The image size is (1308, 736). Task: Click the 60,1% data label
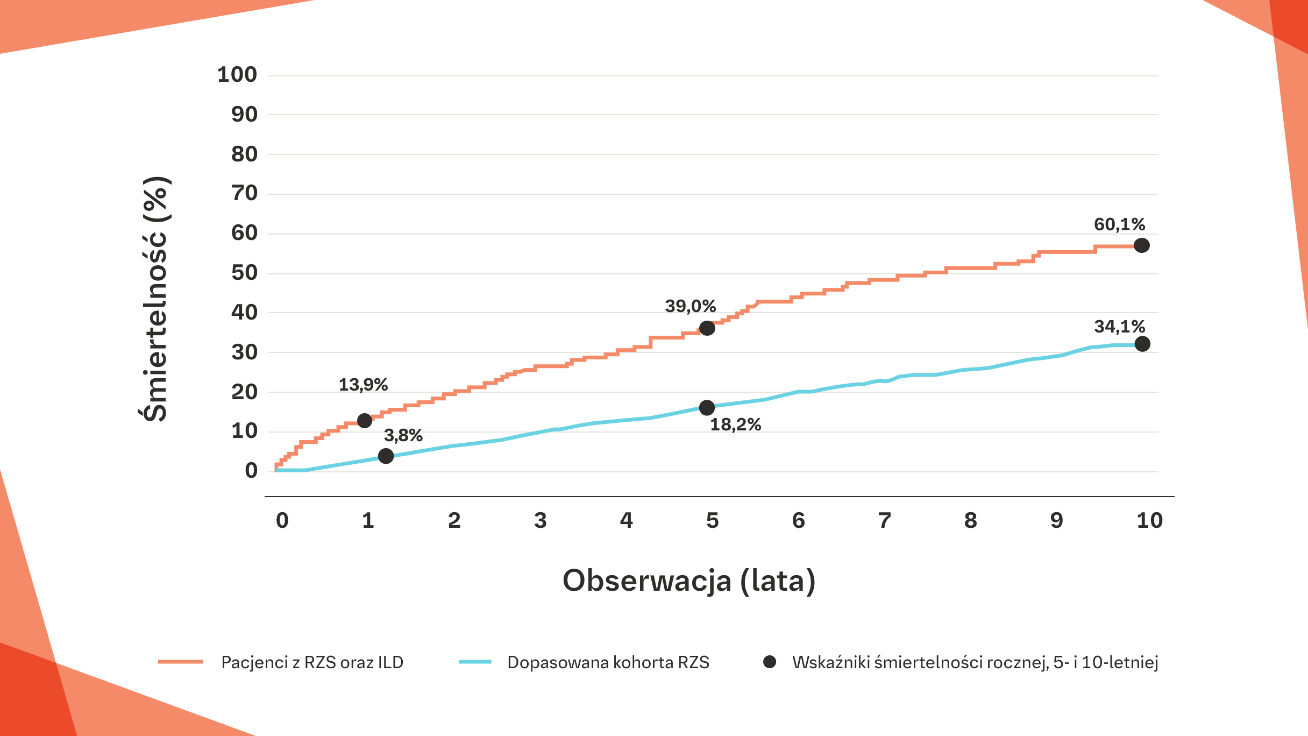[1119, 224]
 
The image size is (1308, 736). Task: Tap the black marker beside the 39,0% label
[707, 328]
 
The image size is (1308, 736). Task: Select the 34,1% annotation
[1119, 327]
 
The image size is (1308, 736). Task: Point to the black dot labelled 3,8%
[386, 456]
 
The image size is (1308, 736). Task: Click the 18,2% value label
[735, 425]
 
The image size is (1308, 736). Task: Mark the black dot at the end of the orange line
[1141, 246]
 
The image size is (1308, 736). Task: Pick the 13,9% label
[363, 385]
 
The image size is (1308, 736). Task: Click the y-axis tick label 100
[237, 75]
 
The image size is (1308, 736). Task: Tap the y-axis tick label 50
[244, 273]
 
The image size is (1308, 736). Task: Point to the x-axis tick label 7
[884, 521]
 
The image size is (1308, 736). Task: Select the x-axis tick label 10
[1149, 521]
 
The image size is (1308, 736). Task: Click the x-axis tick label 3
[540, 521]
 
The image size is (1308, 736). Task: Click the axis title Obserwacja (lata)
[689, 581]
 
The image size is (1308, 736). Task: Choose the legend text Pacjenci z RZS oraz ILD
[312, 662]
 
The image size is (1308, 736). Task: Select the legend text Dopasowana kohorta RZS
[608, 662]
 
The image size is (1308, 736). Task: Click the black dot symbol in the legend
[770, 662]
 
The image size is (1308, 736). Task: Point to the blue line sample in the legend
[475, 662]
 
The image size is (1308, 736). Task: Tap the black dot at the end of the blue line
[1142, 344]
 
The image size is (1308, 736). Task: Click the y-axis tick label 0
[251, 471]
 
